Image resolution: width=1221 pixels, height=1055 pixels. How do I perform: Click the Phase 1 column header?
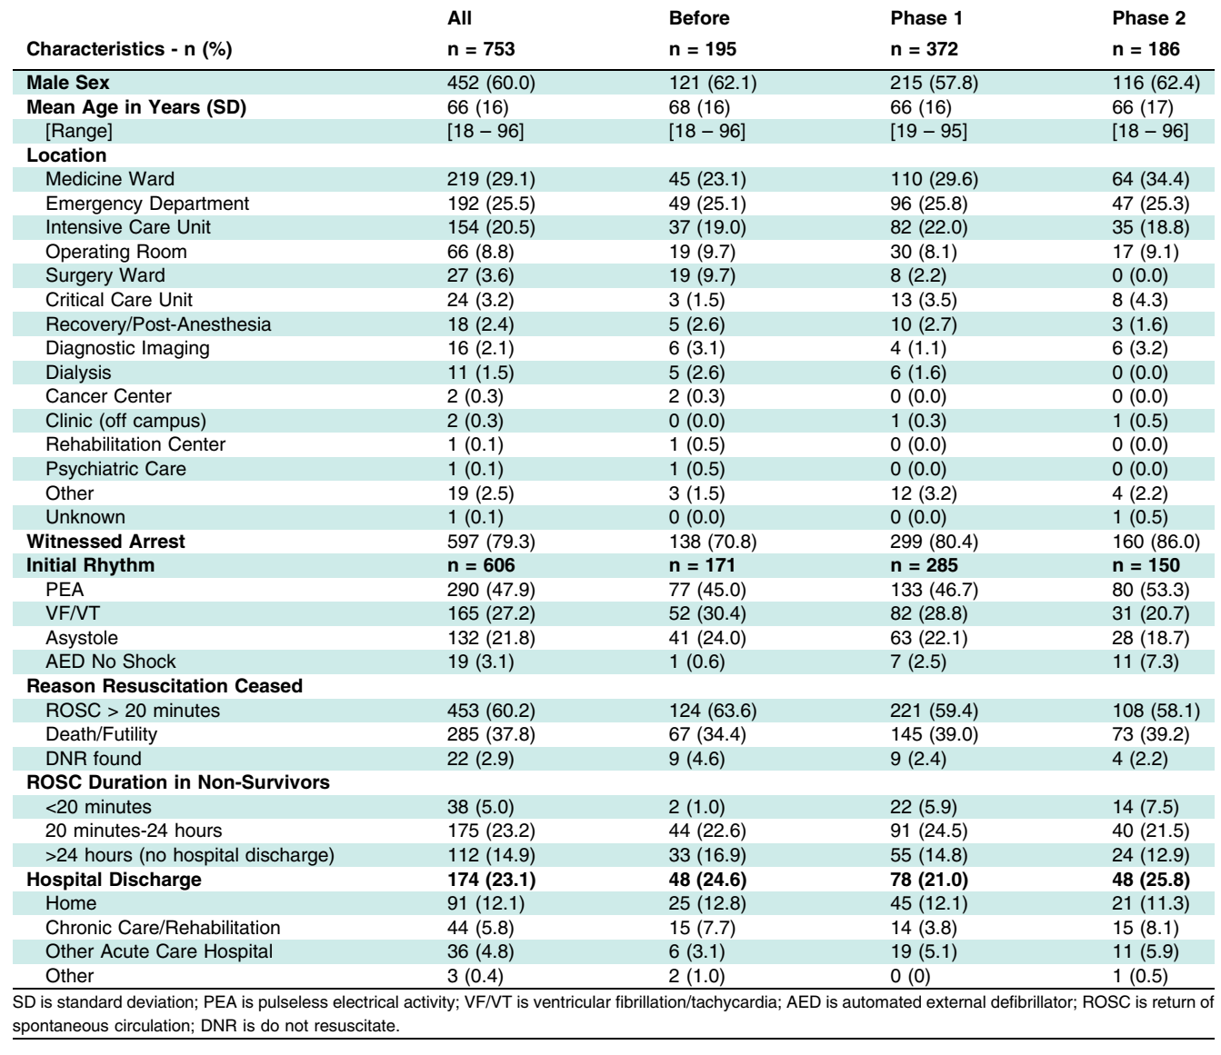[926, 18]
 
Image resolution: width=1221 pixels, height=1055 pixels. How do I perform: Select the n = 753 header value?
[481, 49]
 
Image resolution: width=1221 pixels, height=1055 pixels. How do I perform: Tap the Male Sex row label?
[68, 83]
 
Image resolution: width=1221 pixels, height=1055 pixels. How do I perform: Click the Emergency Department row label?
[147, 203]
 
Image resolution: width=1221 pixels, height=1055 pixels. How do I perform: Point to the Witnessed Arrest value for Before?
[713, 542]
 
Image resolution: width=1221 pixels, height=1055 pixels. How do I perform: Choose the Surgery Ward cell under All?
[480, 275]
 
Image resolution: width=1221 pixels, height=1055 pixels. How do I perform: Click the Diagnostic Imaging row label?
[127, 348]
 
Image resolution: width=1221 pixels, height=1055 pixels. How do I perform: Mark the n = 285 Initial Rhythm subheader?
[924, 565]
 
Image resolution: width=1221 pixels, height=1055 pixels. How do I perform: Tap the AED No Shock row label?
[111, 662]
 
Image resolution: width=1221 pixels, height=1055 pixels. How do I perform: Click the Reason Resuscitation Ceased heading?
[165, 686]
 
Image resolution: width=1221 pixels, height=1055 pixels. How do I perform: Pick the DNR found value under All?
[480, 759]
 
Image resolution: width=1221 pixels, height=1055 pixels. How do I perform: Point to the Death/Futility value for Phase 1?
[934, 734]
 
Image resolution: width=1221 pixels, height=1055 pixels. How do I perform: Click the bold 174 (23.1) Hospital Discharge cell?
[492, 880]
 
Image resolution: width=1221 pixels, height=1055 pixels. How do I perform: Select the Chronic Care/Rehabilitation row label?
[163, 928]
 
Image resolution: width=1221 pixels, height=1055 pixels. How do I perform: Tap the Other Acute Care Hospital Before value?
[696, 951]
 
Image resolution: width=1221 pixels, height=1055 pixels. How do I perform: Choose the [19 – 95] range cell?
[928, 131]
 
